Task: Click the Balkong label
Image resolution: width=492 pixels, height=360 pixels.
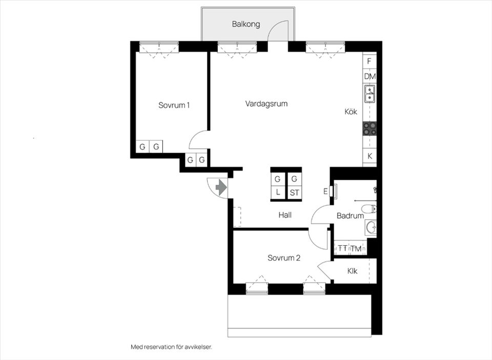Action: click(x=246, y=24)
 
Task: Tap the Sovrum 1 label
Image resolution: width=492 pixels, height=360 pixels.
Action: click(x=174, y=105)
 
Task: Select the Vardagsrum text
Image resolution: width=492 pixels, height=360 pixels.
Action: click(x=266, y=104)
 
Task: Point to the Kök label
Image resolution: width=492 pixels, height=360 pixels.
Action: click(x=351, y=111)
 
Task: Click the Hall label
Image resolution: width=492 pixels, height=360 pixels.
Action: click(x=285, y=215)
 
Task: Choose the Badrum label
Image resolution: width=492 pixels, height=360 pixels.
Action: click(x=350, y=216)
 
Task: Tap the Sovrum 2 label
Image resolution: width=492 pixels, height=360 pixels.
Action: click(x=284, y=258)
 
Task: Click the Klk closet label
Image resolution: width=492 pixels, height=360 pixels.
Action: click(x=352, y=271)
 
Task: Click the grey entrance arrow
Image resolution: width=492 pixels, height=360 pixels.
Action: click(x=221, y=187)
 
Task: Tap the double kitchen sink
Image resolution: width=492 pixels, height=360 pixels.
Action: click(x=370, y=94)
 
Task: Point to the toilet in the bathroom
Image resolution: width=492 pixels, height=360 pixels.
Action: click(x=369, y=208)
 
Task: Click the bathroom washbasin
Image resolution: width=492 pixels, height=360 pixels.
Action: click(x=371, y=227)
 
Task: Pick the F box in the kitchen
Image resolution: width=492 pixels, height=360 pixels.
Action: click(x=370, y=61)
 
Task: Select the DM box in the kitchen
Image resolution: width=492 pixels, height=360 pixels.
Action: click(x=370, y=76)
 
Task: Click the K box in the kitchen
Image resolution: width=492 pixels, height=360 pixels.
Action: click(x=370, y=156)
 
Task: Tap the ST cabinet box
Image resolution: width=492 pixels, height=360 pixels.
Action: click(x=294, y=193)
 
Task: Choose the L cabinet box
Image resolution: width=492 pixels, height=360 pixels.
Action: click(x=278, y=193)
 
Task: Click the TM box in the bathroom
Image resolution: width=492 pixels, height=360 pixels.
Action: click(x=356, y=248)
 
